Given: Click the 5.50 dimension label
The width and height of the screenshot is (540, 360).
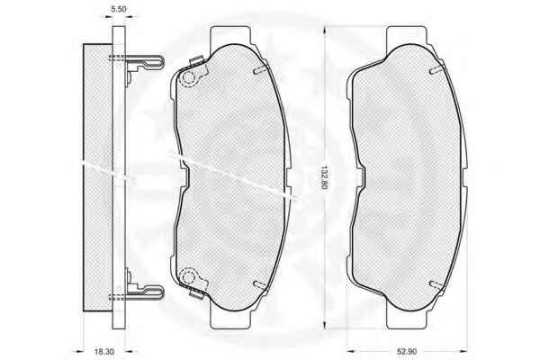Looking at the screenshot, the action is click(x=118, y=9).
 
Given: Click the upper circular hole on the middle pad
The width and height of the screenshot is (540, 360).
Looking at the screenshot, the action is click(x=188, y=77).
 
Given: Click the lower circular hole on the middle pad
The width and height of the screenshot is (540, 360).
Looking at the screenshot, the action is click(x=188, y=276).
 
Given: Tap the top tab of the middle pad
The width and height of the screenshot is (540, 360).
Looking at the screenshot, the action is click(x=230, y=35).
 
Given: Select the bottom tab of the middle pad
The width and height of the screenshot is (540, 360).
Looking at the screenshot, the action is click(x=230, y=319).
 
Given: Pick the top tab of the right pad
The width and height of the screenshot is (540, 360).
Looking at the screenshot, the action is click(x=407, y=35).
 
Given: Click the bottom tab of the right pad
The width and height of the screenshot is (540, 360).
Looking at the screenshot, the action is click(x=407, y=319).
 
